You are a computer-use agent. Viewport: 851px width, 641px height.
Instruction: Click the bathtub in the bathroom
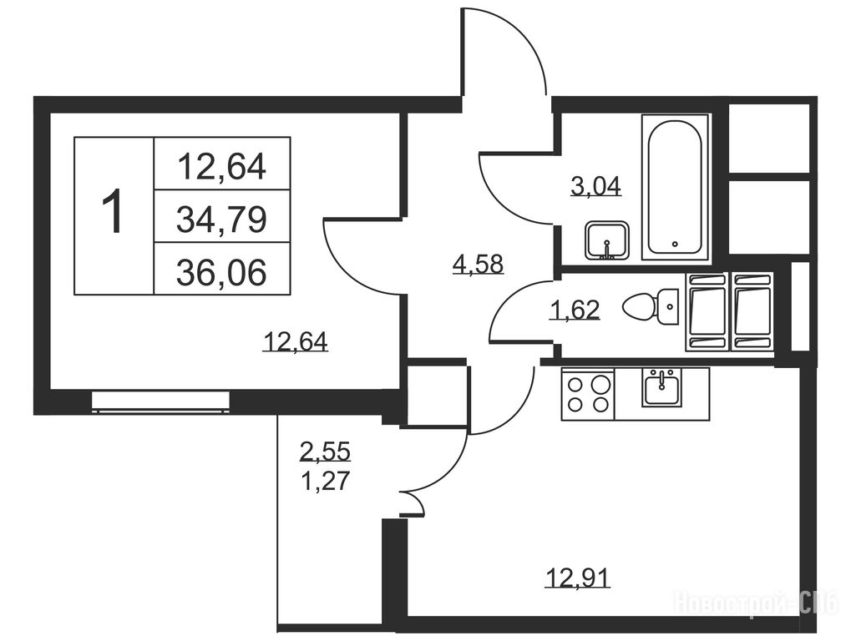[676, 188]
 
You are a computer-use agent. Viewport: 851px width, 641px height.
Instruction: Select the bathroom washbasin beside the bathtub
[607, 240]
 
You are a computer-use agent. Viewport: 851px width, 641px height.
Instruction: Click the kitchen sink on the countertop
[662, 387]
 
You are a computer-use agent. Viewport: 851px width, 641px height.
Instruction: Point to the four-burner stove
[588, 394]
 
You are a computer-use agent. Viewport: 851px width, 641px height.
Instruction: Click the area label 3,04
[595, 187]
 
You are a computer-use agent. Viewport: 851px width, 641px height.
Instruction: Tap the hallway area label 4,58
[479, 265]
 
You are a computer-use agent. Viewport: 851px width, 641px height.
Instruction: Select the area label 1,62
[575, 310]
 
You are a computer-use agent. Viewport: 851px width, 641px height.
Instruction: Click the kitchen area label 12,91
[577, 578]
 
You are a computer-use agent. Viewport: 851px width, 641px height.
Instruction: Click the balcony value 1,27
[326, 481]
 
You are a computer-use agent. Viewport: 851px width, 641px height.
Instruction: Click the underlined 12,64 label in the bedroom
[296, 343]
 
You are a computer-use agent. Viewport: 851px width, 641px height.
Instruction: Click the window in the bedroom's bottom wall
[160, 401]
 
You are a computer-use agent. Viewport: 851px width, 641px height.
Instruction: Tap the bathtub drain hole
[675, 244]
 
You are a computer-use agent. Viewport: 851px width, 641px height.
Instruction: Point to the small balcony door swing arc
[418, 500]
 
